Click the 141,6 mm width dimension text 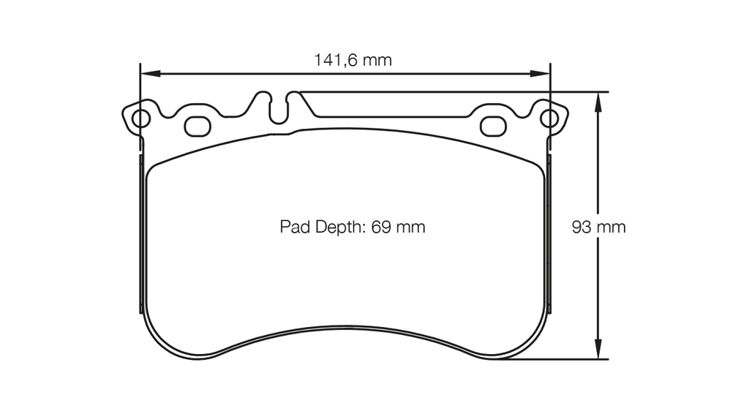pos(353,60)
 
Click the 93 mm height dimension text pos(598,227)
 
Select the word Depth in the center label pos(342,227)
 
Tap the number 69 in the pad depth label pos(381,227)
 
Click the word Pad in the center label pos(295,227)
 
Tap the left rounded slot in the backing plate pos(197,126)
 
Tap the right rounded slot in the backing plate pos(493,126)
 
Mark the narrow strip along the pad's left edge pos(141,234)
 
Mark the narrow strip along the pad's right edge pos(549,234)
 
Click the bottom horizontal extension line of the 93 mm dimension pos(556,359)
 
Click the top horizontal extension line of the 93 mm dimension pos(453,92)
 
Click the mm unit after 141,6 pos(377,60)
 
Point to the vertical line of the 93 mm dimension pos(598,293)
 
